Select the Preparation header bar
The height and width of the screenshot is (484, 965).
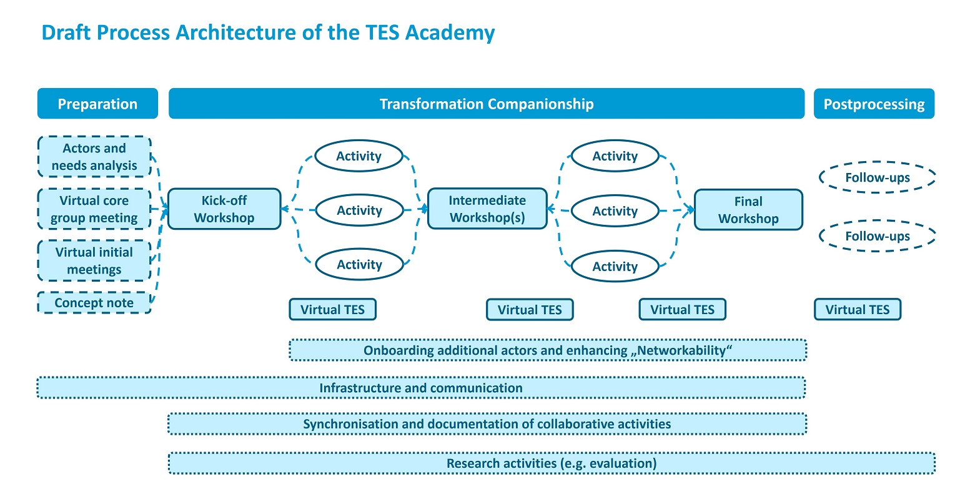click(x=97, y=104)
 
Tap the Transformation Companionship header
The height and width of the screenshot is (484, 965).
click(x=486, y=104)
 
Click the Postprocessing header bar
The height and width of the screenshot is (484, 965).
click(x=874, y=104)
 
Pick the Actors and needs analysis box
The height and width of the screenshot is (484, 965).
click(x=94, y=157)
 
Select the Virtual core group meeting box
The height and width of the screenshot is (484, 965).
click(x=94, y=209)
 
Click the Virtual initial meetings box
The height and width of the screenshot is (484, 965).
click(x=94, y=261)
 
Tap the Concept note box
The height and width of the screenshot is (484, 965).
click(x=94, y=303)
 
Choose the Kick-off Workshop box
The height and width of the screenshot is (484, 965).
click(x=224, y=209)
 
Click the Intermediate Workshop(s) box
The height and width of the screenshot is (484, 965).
click(x=487, y=209)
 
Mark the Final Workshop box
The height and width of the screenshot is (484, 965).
click(x=748, y=210)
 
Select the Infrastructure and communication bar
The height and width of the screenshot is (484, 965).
click(x=421, y=388)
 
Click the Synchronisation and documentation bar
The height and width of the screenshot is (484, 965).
click(x=487, y=424)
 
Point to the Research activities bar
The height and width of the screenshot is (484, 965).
click(x=552, y=463)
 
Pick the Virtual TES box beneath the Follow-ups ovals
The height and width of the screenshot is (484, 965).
click(x=858, y=309)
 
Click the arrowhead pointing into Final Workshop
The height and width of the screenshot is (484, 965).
click(x=691, y=210)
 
